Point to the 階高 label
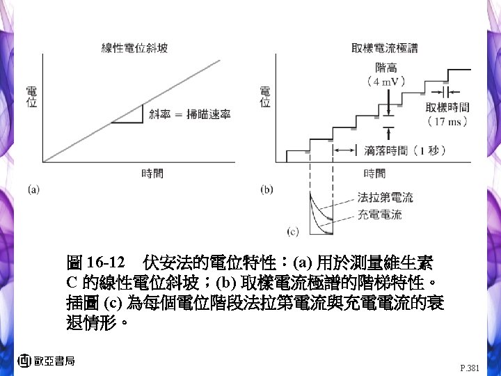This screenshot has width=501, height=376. click(387, 68)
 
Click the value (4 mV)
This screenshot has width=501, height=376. click(387, 81)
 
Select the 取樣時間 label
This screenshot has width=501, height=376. click(447, 107)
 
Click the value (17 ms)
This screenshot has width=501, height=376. click(447, 121)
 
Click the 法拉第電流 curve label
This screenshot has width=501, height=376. click(385, 198)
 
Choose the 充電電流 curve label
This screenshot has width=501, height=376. click(379, 215)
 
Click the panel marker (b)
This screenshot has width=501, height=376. click(267, 189)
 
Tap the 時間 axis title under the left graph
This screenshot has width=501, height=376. click(152, 174)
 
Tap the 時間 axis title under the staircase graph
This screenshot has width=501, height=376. click(374, 174)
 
